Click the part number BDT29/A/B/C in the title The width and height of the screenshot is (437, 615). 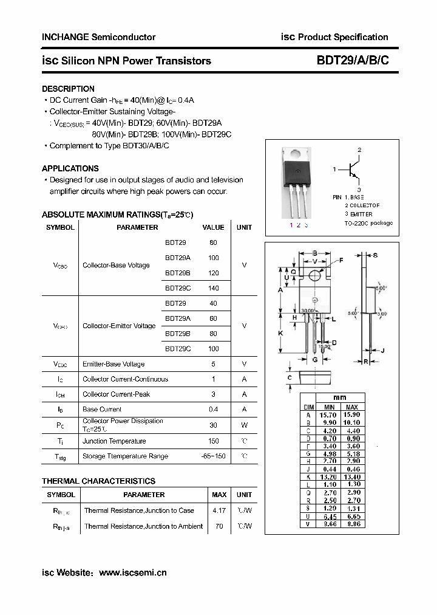tap(353, 61)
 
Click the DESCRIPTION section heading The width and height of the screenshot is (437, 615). tap(68, 89)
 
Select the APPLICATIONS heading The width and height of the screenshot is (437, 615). tap(70, 168)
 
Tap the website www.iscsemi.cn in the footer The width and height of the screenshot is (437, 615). tap(132, 572)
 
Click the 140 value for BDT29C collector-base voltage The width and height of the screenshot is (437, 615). tap(213, 289)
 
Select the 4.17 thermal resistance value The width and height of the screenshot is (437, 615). tap(219, 510)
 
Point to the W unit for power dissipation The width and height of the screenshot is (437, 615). tap(244, 425)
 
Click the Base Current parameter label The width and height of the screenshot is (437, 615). tap(102, 410)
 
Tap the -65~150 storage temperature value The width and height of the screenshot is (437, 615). tap(213, 456)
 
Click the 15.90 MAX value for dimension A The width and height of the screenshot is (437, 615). tap(351, 414)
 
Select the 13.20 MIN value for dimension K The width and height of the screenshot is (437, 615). tap(329, 477)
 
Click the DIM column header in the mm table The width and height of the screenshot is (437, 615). tap(308, 407)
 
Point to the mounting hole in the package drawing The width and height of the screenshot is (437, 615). tap(315, 276)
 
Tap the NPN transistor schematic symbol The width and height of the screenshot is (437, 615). tap(353, 171)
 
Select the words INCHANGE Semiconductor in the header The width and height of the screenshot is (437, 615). tap(98, 37)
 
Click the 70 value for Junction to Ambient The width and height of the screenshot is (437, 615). tap(219, 526)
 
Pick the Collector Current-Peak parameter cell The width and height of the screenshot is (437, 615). tap(116, 394)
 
